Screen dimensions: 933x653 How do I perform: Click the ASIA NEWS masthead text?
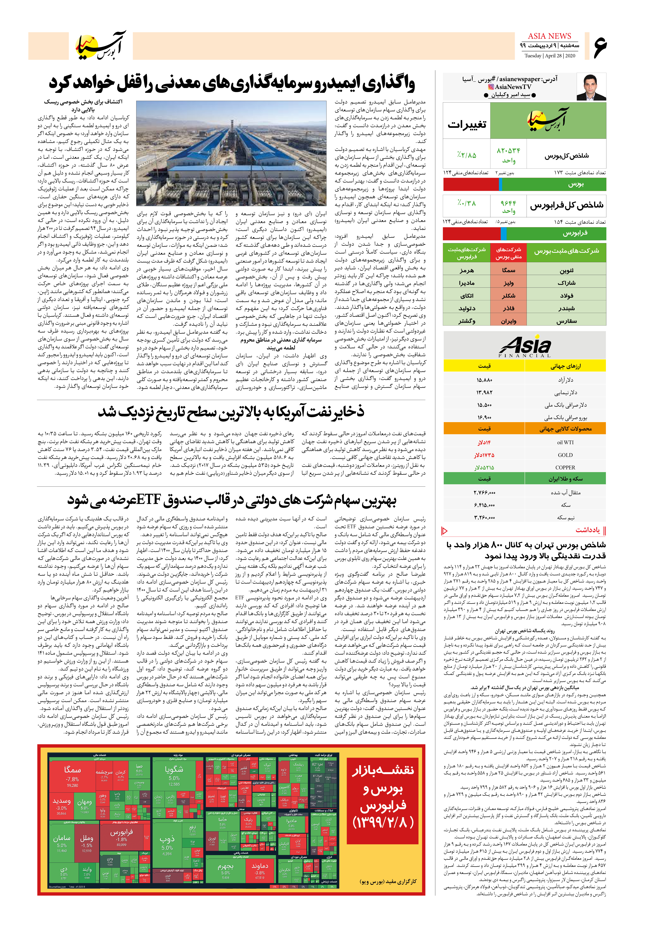(x=549, y=36)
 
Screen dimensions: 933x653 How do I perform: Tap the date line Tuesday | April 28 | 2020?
(x=549, y=56)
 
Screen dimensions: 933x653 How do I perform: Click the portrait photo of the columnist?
(x=591, y=87)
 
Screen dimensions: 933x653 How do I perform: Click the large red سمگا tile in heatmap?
(x=72, y=778)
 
